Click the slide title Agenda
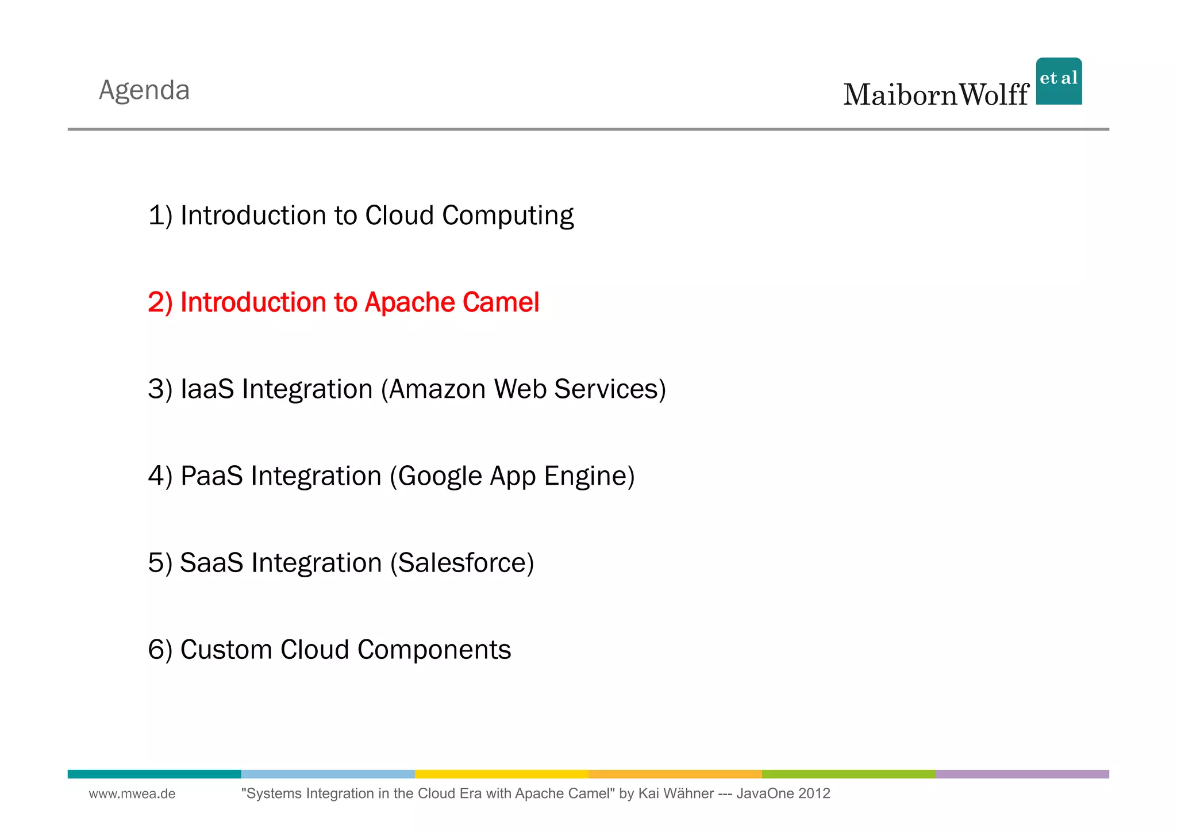(x=144, y=90)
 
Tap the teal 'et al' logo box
(x=1059, y=81)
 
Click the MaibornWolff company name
(x=936, y=95)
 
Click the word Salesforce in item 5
(x=463, y=563)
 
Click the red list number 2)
(x=160, y=302)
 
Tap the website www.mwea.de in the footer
(x=132, y=794)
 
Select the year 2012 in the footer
(x=814, y=794)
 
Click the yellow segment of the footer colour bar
(x=501, y=774)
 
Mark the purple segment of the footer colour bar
(x=1022, y=774)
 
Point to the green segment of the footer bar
(x=848, y=774)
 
